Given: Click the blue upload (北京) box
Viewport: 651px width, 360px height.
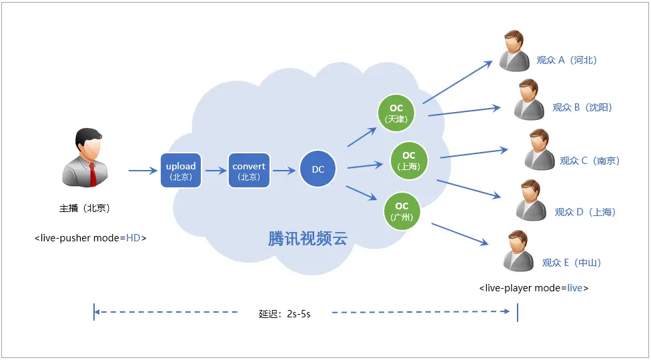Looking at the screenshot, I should pyautogui.click(x=181, y=170).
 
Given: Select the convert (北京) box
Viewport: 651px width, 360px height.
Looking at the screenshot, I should pyautogui.click(x=249, y=170).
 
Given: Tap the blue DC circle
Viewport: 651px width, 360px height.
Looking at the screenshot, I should pyautogui.click(x=318, y=169).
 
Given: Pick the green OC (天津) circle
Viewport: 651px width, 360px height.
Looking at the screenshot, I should pyautogui.click(x=396, y=113).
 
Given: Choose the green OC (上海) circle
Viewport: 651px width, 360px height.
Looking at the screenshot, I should pyautogui.click(x=408, y=160).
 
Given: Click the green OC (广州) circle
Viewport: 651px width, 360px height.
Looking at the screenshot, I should pyautogui.click(x=402, y=211).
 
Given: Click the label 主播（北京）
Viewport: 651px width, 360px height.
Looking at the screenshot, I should pyautogui.click(x=84, y=208).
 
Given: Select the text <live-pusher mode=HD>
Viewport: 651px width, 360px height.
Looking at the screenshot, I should pyautogui.click(x=90, y=237).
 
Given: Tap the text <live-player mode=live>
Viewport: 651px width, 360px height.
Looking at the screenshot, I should pyautogui.click(x=534, y=288).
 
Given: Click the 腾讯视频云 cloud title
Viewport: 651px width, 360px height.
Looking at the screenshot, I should pyautogui.click(x=308, y=239).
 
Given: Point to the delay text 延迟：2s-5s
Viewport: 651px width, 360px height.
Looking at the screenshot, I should pyautogui.click(x=285, y=313).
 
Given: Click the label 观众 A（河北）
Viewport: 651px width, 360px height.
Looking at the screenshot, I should pyautogui.click(x=566, y=60).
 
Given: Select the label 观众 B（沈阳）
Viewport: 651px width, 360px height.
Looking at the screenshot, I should pyautogui.click(x=582, y=107).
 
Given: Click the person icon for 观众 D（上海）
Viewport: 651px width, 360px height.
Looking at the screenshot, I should pyautogui.click(x=532, y=200).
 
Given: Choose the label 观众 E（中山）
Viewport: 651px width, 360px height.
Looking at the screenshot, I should pyautogui.click(x=572, y=263).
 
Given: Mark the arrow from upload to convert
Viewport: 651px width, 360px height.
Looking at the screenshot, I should pyautogui.click(x=216, y=171).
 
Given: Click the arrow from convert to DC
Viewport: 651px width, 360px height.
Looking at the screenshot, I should pyautogui.click(x=284, y=171).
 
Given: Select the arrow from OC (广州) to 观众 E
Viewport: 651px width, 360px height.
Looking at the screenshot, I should pyautogui.click(x=460, y=235).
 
